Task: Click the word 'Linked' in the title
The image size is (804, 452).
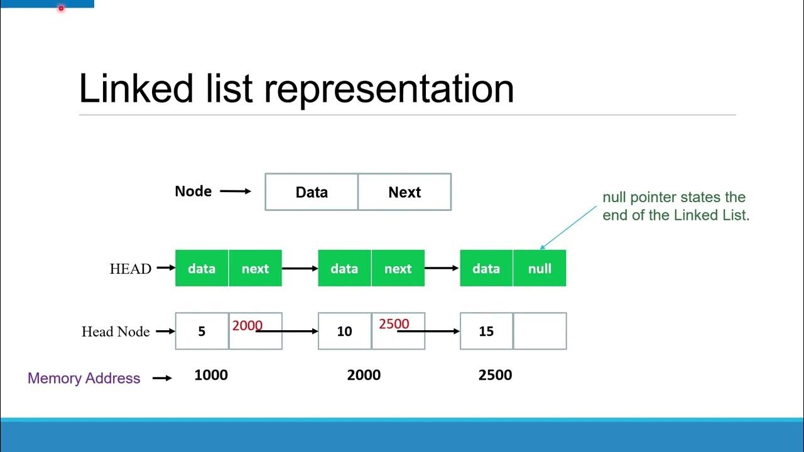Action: click(136, 89)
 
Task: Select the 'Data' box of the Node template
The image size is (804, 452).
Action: click(312, 192)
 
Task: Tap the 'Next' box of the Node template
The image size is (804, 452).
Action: click(405, 192)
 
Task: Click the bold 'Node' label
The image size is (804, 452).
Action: click(193, 191)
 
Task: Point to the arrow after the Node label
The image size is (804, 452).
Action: click(236, 191)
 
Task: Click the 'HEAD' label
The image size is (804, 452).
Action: click(130, 269)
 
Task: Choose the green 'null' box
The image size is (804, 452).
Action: click(540, 269)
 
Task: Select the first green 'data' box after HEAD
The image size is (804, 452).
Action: click(202, 269)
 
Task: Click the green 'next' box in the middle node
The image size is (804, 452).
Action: click(398, 269)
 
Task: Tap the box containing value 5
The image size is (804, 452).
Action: click(202, 331)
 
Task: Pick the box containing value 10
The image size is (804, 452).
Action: click(344, 331)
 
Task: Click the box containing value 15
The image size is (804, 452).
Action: click(486, 331)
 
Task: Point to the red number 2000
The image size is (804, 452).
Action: click(247, 325)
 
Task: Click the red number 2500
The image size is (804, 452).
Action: click(394, 324)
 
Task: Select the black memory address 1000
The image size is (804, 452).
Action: click(211, 375)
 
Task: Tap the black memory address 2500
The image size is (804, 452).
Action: click(495, 375)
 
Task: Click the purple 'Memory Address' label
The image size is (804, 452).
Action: click(84, 378)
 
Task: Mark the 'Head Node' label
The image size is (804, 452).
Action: click(116, 331)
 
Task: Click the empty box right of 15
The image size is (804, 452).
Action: click(540, 331)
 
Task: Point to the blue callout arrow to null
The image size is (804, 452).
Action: click(568, 227)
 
